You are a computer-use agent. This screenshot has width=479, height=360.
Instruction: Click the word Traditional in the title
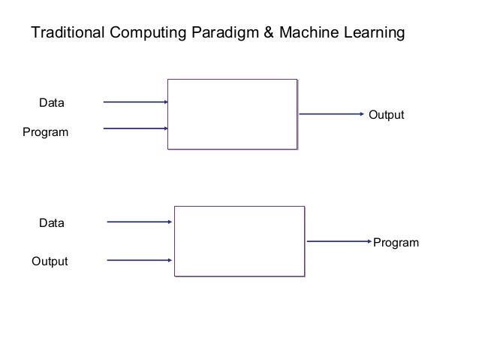(63, 34)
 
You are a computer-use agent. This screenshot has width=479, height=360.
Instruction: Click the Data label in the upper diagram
(51, 101)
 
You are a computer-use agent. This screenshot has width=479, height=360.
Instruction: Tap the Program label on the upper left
(46, 133)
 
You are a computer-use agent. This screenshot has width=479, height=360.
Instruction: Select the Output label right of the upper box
(386, 115)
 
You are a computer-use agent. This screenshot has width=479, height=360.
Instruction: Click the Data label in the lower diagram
(52, 223)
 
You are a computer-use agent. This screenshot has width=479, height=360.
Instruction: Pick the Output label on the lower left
(49, 262)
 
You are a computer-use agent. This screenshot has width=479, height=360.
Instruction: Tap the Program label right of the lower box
(396, 243)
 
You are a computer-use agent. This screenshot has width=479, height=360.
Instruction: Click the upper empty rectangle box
(232, 114)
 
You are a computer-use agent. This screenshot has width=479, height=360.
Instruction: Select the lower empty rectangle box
(239, 241)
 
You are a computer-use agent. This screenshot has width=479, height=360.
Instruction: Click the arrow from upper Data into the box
(135, 101)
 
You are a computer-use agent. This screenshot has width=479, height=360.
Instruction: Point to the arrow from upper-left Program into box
(135, 129)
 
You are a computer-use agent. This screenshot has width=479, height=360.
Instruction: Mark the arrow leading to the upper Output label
(331, 115)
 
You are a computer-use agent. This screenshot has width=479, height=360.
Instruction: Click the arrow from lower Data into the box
(140, 222)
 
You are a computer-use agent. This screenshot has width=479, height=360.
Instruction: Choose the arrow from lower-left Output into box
(140, 261)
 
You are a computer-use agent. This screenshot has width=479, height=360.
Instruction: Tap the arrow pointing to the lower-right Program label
(339, 241)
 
